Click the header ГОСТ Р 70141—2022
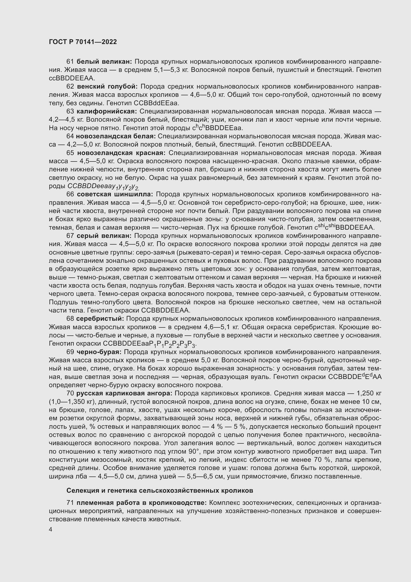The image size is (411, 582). point(83,42)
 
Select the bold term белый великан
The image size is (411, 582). point(104,62)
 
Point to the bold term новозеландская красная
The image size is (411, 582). point(121,153)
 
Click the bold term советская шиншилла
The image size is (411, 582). point(115,194)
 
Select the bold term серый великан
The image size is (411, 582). point(104,236)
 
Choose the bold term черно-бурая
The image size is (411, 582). point(99,352)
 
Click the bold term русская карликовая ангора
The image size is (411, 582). point(124,393)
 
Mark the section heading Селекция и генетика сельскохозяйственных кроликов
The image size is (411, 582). point(160,490)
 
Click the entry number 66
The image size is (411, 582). point(70,194)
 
